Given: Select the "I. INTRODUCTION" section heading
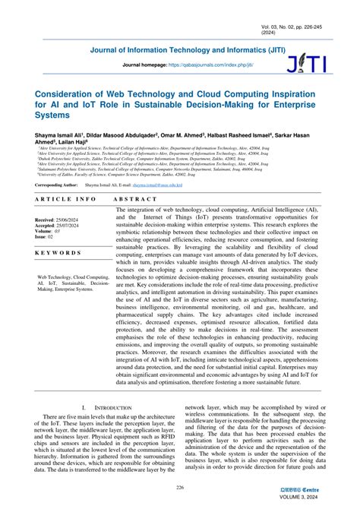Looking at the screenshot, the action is (103, 408).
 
